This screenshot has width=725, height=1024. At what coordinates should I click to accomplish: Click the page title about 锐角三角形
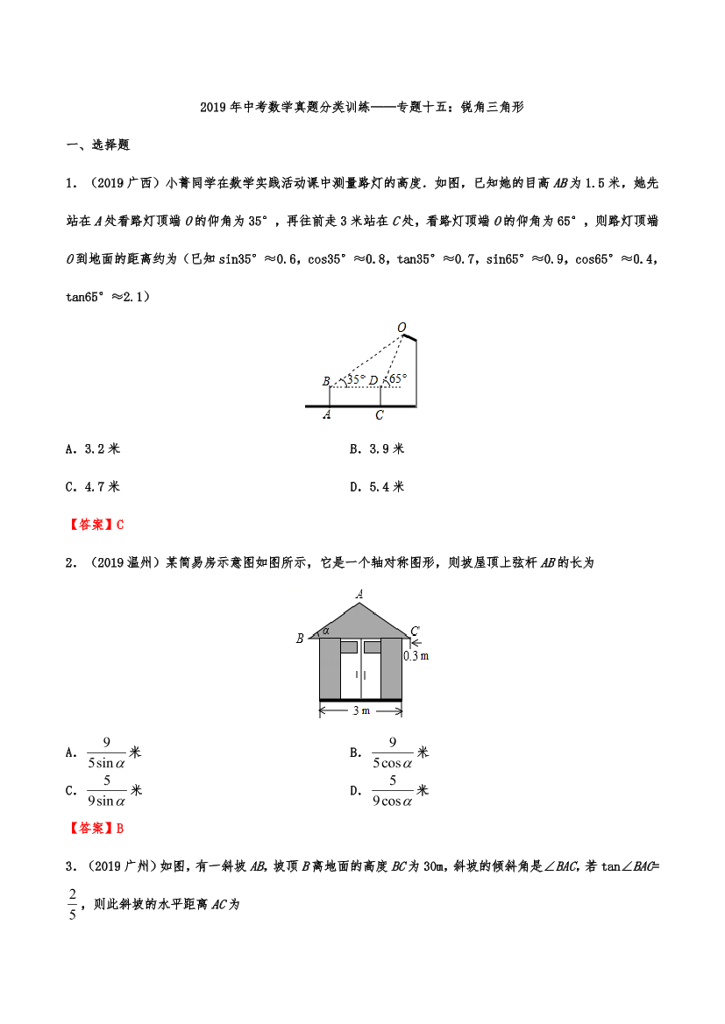pos(362,108)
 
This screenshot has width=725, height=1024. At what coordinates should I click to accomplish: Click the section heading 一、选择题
pos(98,145)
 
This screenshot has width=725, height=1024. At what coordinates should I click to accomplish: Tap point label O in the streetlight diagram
pos(402,328)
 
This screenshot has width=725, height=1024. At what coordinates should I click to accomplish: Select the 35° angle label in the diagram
pos(355,379)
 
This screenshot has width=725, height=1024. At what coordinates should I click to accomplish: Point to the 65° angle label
pos(397,379)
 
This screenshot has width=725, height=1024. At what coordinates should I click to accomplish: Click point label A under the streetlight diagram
pos(327,415)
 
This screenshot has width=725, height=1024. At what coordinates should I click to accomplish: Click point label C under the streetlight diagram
pos(380,415)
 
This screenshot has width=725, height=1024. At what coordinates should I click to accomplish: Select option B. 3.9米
pos(377,448)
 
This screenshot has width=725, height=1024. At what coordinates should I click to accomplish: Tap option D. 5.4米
pos(377,486)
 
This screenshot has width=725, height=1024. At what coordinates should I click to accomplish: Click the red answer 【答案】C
pos(96,525)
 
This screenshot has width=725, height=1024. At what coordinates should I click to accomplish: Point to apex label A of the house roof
pos(359,594)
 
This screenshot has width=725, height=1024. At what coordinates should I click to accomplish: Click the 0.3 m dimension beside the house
pos(416,654)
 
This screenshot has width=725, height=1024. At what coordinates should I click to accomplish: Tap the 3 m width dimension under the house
pos(360,710)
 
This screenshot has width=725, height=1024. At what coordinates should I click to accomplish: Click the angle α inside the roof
pos(325,630)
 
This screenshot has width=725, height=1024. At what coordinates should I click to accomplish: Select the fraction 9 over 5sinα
pos(107,752)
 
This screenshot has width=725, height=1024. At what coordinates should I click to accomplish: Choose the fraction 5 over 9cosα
pos(392,790)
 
